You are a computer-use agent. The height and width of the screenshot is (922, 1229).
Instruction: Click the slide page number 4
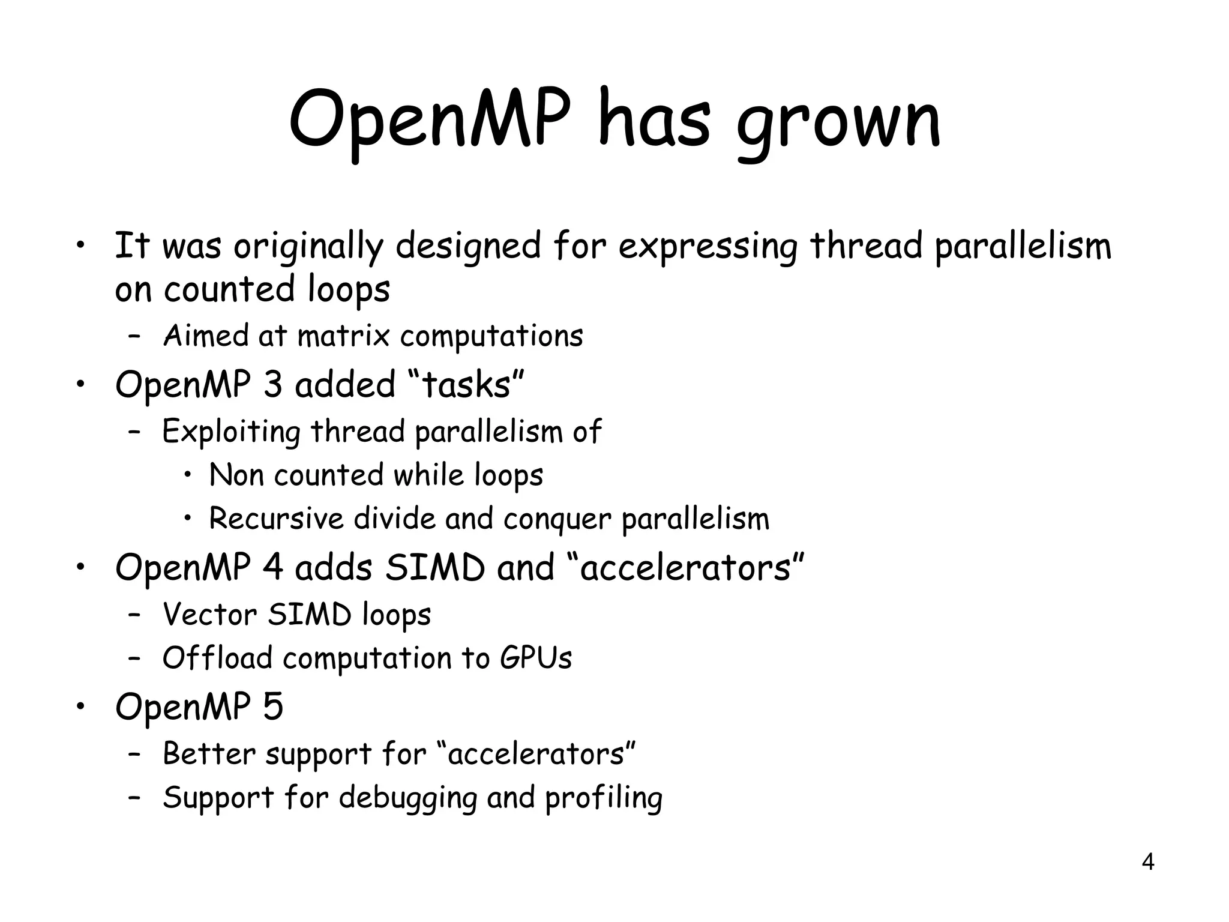click(1147, 862)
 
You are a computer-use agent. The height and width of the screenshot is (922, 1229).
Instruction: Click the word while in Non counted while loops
click(428, 475)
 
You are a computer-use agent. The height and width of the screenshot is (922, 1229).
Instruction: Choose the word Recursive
click(276, 519)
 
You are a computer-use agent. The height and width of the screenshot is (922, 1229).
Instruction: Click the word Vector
click(210, 615)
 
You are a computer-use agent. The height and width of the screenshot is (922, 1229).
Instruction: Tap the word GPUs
click(535, 658)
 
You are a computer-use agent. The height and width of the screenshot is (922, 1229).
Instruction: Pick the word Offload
click(217, 658)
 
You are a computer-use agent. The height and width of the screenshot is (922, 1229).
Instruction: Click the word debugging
click(407, 799)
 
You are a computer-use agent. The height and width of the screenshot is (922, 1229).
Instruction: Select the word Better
click(209, 754)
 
